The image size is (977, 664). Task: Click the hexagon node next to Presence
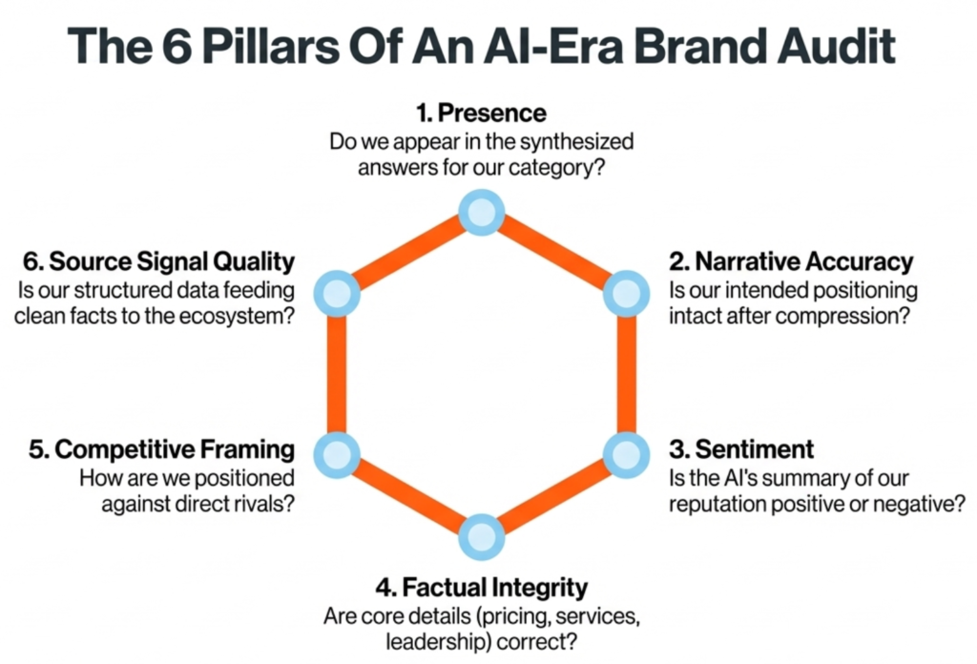[x=481, y=212]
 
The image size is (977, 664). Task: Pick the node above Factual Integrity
[x=481, y=535]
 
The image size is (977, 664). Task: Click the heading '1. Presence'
[x=481, y=114]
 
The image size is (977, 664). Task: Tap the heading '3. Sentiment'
[x=740, y=449]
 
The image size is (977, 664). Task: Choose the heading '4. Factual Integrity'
[x=480, y=586]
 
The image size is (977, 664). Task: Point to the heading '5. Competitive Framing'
[x=160, y=449]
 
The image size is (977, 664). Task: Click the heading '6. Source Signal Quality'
[x=157, y=261]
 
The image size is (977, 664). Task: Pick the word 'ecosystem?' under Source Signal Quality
[x=239, y=316]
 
